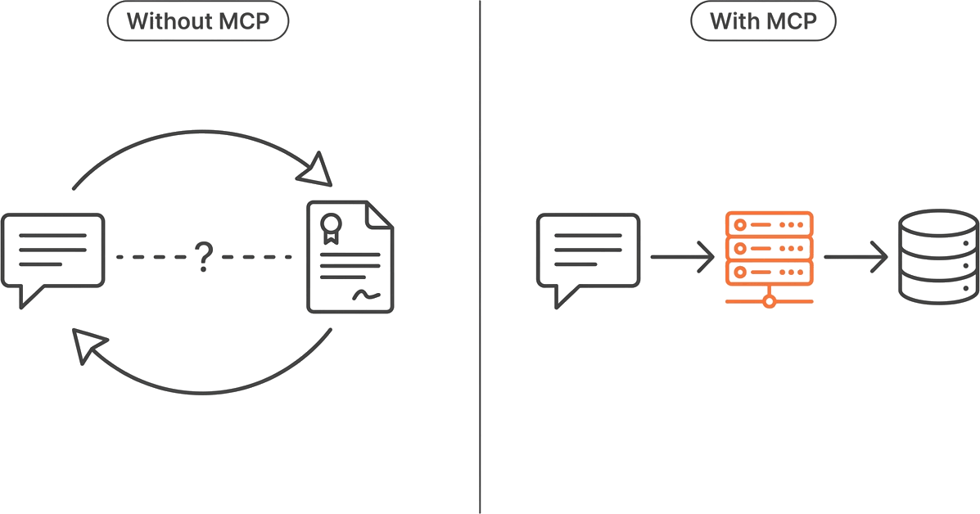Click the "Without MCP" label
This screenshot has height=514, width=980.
click(x=198, y=21)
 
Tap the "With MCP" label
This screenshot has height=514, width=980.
click(x=763, y=21)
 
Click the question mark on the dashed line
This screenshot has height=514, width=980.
click(x=204, y=257)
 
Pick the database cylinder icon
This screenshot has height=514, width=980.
click(x=939, y=257)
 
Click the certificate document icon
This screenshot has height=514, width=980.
click(x=350, y=257)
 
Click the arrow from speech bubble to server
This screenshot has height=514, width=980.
click(x=683, y=257)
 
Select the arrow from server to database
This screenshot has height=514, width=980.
click(x=856, y=257)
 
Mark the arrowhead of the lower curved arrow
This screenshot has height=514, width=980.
click(x=88, y=345)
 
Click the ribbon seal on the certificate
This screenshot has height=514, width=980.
click(x=332, y=228)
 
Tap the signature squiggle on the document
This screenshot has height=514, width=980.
click(x=366, y=294)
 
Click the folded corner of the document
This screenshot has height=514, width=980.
click(x=379, y=214)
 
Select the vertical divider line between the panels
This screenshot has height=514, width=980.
click(x=480, y=257)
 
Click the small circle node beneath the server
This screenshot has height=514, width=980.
click(x=770, y=302)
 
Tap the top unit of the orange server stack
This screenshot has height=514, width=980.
click(x=770, y=223)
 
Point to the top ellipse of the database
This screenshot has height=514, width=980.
click(x=939, y=223)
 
